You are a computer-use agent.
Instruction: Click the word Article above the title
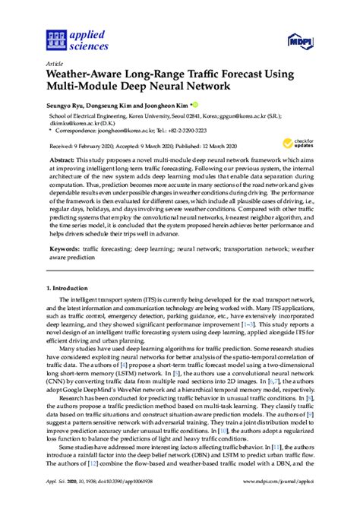coord(54,65)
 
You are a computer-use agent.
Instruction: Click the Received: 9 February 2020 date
coord(84,143)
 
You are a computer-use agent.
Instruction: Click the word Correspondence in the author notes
coord(78,129)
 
